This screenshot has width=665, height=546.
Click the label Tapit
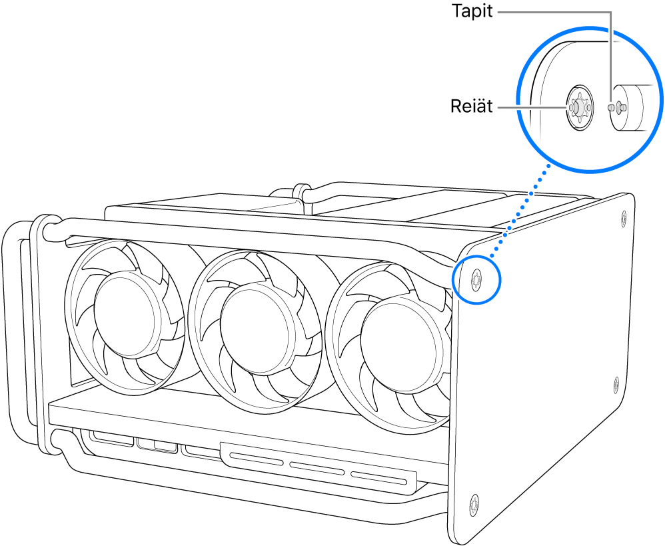(471, 12)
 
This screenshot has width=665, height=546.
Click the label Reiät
(472, 107)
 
